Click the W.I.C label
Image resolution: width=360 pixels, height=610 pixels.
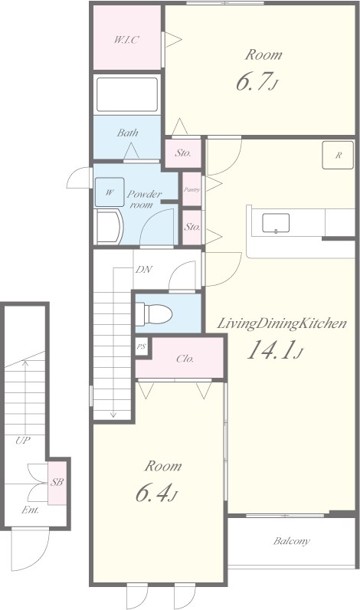[126, 39]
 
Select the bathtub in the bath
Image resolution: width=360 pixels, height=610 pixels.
[127, 94]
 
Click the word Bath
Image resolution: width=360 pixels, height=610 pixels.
[127, 133]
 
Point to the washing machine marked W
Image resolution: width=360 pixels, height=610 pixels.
[110, 192]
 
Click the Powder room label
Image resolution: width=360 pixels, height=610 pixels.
[144, 198]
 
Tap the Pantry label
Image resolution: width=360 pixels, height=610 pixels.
[191, 189]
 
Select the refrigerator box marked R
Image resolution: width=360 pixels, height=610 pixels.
[338, 156]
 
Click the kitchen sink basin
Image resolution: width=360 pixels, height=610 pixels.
[276, 223]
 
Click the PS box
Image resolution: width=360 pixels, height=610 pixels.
[141, 346]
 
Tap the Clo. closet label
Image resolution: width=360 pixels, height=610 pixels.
[185, 359]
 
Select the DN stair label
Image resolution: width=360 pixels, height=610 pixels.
[143, 269]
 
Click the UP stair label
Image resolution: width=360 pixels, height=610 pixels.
[23, 441]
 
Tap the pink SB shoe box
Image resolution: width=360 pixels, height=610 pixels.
[57, 482]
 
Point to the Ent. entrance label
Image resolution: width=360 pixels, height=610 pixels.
[30, 510]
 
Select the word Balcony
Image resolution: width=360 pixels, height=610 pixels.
[292, 541]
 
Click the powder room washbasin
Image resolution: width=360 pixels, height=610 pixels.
[110, 227]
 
